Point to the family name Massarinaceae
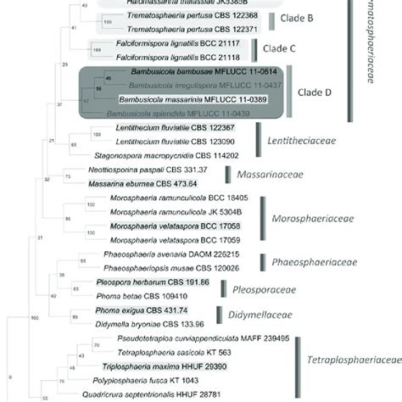coord(271,174)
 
